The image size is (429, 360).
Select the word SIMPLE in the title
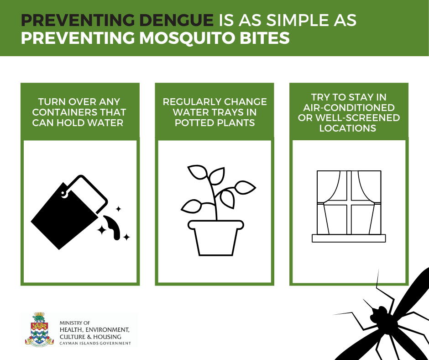[x=293, y=20]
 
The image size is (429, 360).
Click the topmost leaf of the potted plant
[x=198, y=172]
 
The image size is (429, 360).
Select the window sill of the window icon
[x=349, y=238]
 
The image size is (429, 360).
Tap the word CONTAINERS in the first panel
[x=63, y=112]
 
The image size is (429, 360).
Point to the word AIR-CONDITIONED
[x=349, y=107]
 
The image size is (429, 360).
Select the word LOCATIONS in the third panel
[x=348, y=128]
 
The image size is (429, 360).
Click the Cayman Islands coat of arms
[x=39, y=329]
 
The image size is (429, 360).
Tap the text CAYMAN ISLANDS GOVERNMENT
[x=95, y=343]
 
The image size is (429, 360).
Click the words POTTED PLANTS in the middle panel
[x=215, y=123]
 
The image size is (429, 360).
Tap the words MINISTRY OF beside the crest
[x=75, y=323]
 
